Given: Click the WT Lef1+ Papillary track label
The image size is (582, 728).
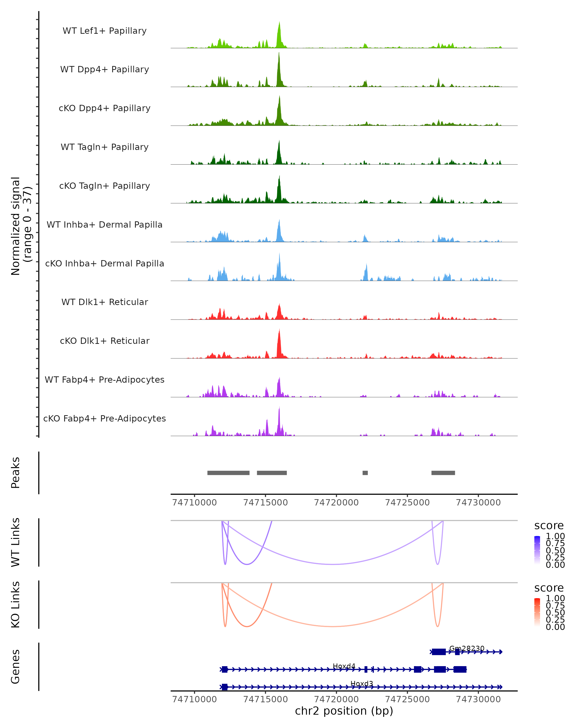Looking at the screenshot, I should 105,31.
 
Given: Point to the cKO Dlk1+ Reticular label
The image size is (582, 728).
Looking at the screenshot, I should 105,341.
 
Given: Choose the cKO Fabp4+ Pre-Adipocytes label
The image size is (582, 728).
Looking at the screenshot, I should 105,418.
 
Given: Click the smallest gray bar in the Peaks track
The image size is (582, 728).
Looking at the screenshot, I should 365,473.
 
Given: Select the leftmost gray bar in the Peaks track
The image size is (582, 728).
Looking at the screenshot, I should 228,473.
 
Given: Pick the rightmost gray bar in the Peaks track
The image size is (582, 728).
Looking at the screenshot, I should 443,473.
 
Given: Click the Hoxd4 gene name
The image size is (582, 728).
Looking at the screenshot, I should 344,666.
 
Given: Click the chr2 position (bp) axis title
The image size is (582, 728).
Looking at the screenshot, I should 344,711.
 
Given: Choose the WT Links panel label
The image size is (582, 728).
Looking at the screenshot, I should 16,542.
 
